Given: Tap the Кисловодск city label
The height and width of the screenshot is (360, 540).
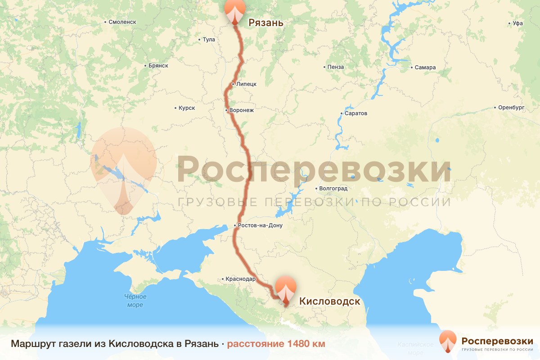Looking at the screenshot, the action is tap(330, 301).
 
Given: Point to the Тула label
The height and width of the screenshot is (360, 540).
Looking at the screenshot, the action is tap(209, 40).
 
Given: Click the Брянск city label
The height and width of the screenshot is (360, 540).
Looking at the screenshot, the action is tap(158, 66).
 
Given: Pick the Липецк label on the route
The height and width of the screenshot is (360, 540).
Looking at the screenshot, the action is tap(246, 84).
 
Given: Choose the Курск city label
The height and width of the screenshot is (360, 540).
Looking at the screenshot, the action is tap(186, 108).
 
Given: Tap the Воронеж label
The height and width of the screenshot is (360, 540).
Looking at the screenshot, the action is tap(242, 110).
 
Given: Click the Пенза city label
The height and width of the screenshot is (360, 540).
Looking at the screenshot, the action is tap(336, 67).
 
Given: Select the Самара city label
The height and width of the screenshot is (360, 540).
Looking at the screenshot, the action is tap(425, 67).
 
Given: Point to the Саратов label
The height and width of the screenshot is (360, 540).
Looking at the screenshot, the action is tap(356, 113).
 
